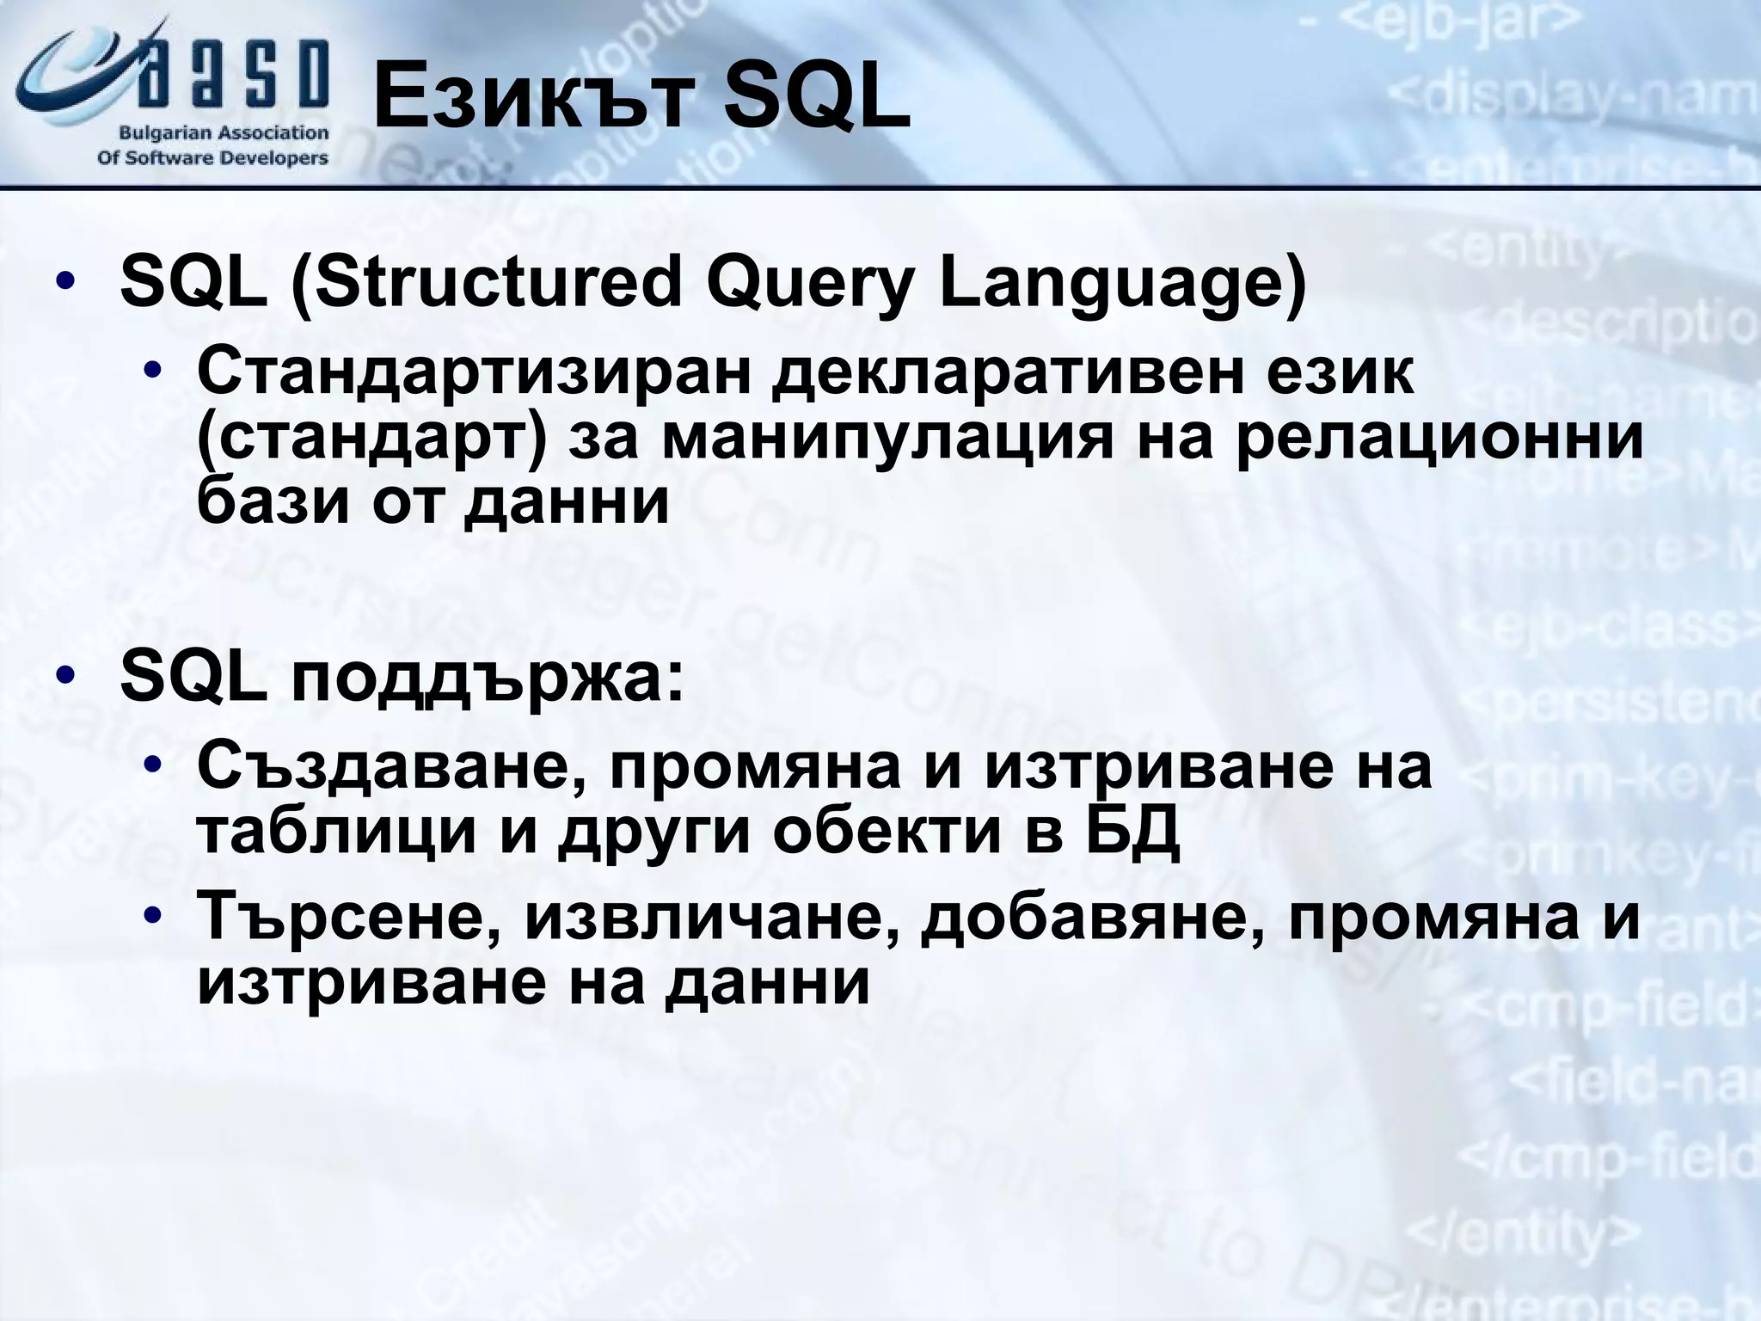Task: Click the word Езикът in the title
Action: (x=533, y=101)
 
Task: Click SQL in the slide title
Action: (x=815, y=101)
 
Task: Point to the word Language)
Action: (x=1121, y=286)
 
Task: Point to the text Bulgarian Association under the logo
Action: (x=224, y=133)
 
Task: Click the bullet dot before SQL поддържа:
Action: (x=65, y=677)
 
